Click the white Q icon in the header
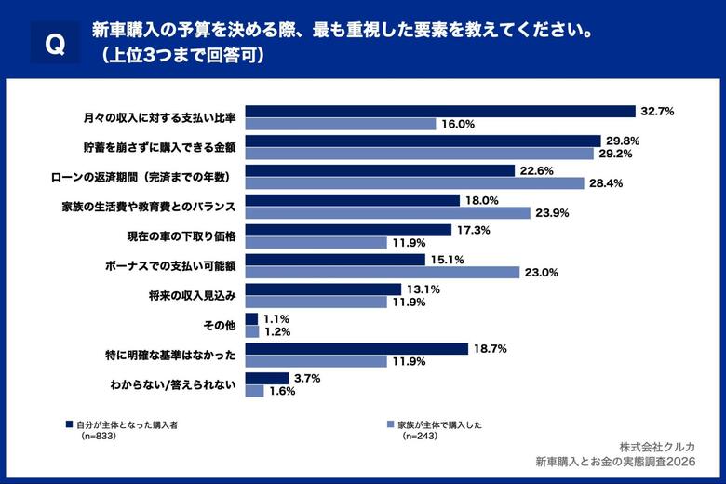55,43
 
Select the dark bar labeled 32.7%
439,111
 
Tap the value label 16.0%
458,124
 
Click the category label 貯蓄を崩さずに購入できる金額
158,147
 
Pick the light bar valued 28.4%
414,183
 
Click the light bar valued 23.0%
382,273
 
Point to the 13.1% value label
423,289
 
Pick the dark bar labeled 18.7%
356,348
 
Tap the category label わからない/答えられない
174,384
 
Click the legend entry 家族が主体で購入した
437,424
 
